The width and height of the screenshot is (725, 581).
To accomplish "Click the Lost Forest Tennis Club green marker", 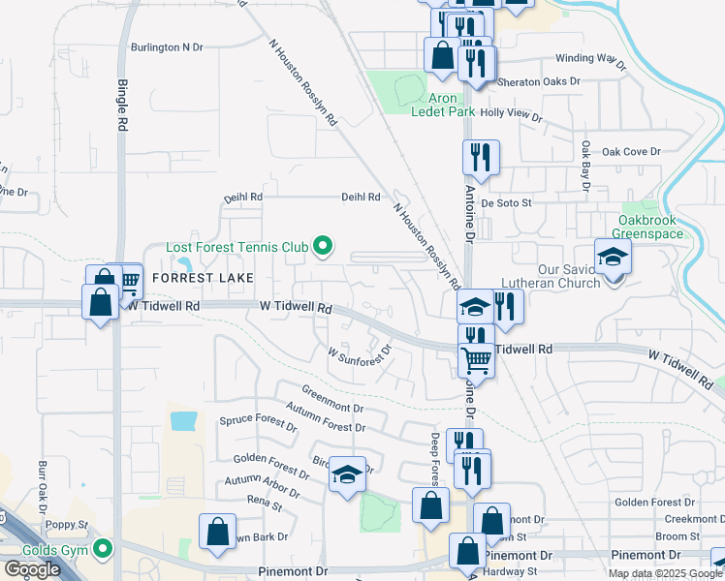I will tap(324, 248).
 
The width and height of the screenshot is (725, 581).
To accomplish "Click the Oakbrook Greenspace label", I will tap(661, 227).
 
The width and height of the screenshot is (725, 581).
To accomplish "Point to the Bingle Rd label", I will tap(123, 105).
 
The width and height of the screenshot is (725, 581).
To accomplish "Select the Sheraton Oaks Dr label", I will tap(538, 82).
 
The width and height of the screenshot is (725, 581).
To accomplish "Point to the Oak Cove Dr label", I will tap(630, 151).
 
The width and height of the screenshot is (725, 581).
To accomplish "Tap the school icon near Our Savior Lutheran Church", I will tap(613, 258).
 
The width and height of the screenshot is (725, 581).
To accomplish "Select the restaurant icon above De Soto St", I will tap(481, 157).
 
